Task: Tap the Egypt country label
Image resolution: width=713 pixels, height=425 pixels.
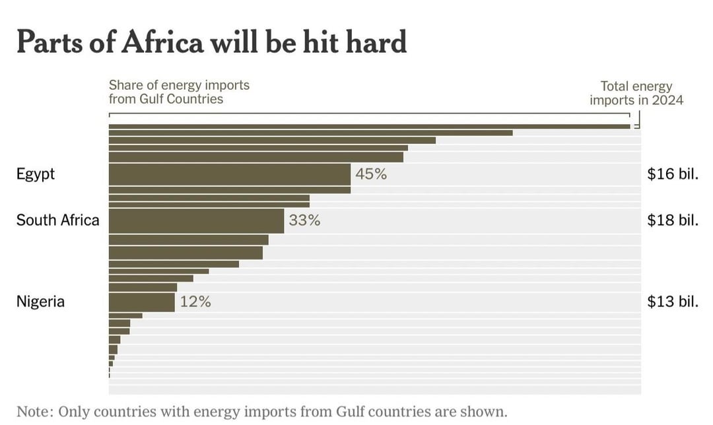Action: (36, 175)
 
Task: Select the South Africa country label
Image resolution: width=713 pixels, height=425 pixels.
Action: (57, 220)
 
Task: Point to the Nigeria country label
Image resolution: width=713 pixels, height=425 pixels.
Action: (40, 302)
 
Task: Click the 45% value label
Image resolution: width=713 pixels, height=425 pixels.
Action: (370, 175)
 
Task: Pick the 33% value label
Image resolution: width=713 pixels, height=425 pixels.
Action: (304, 221)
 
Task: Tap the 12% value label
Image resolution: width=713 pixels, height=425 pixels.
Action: (195, 302)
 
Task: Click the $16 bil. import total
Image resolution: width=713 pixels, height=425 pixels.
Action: (673, 175)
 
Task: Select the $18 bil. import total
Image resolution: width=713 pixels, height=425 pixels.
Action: (673, 220)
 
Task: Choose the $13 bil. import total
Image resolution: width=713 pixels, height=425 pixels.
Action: (673, 302)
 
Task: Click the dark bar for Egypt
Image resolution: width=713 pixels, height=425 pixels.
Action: (229, 175)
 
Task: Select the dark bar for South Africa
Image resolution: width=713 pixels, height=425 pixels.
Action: (196, 221)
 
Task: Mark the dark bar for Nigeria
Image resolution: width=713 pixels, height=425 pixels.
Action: (141, 302)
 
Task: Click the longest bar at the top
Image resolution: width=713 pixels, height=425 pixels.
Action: (369, 126)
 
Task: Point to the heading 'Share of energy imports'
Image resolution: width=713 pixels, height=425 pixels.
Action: (179, 86)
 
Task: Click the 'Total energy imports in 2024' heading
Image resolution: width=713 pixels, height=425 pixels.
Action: (636, 93)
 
